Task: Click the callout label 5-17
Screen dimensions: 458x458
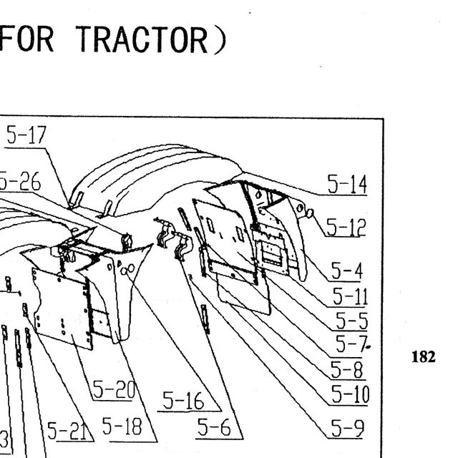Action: pyautogui.click(x=26, y=135)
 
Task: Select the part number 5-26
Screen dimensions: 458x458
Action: pyautogui.click(x=20, y=181)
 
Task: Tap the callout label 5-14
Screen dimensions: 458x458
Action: pyautogui.click(x=347, y=184)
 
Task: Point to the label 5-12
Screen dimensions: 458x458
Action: pyautogui.click(x=346, y=227)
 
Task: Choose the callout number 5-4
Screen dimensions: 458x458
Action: pyautogui.click(x=346, y=271)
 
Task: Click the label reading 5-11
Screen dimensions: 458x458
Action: pyautogui.click(x=350, y=296)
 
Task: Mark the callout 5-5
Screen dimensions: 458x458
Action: pyautogui.click(x=351, y=321)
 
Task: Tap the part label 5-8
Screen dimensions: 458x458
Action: pyautogui.click(x=346, y=369)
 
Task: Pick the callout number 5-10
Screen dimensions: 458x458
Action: pyautogui.click(x=351, y=394)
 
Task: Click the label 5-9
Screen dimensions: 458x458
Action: pyautogui.click(x=348, y=428)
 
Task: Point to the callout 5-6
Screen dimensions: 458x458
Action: pyautogui.click(x=214, y=427)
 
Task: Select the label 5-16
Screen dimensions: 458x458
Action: pyautogui.click(x=183, y=400)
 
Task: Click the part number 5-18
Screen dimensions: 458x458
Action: pyautogui.click(x=122, y=426)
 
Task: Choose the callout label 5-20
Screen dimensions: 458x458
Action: pyautogui.click(x=114, y=389)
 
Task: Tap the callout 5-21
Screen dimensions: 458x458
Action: pyautogui.click(x=67, y=431)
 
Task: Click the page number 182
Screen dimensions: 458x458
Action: pyautogui.click(x=423, y=356)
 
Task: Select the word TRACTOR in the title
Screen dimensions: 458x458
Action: pyautogui.click(x=142, y=39)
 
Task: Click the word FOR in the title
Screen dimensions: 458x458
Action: pyautogui.click(x=27, y=39)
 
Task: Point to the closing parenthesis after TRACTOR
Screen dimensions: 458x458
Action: pyautogui.click(x=220, y=40)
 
